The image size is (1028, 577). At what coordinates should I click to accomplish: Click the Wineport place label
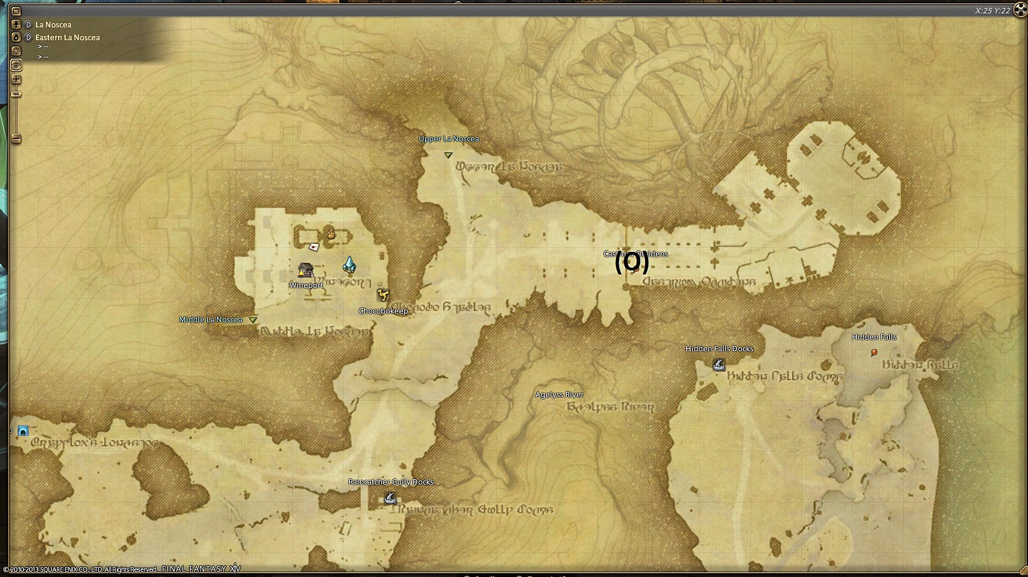pyautogui.click(x=306, y=286)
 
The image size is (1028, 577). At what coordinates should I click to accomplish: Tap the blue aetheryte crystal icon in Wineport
pyautogui.click(x=349, y=265)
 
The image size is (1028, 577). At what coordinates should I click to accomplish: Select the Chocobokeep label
pyautogui.click(x=383, y=311)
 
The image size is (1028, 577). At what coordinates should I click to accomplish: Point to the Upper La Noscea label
pyautogui.click(x=448, y=139)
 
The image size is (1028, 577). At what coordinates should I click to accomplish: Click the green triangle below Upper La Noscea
pyautogui.click(x=448, y=155)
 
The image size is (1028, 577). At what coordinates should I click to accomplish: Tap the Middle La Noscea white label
pyautogui.click(x=210, y=320)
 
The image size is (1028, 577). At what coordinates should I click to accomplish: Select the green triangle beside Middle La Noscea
pyautogui.click(x=253, y=320)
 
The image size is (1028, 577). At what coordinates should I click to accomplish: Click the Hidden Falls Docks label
pyautogui.click(x=719, y=349)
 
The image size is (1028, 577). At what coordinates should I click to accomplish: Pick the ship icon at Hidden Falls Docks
pyautogui.click(x=719, y=365)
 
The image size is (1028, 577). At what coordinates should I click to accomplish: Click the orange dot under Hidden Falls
pyautogui.click(x=874, y=352)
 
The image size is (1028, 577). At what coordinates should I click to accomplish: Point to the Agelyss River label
pyautogui.click(x=559, y=395)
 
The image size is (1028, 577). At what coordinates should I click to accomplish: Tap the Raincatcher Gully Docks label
pyautogui.click(x=391, y=482)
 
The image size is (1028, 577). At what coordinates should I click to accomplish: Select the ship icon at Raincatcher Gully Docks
pyautogui.click(x=391, y=498)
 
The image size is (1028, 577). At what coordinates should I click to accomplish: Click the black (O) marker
pyautogui.click(x=631, y=263)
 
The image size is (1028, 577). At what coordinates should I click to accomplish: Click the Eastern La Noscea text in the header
pyautogui.click(x=67, y=38)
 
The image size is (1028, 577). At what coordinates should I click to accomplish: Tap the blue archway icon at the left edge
pyautogui.click(x=23, y=431)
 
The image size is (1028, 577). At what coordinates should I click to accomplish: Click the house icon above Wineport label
pyautogui.click(x=305, y=270)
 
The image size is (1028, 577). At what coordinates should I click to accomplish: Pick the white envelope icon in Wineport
pyautogui.click(x=314, y=247)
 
